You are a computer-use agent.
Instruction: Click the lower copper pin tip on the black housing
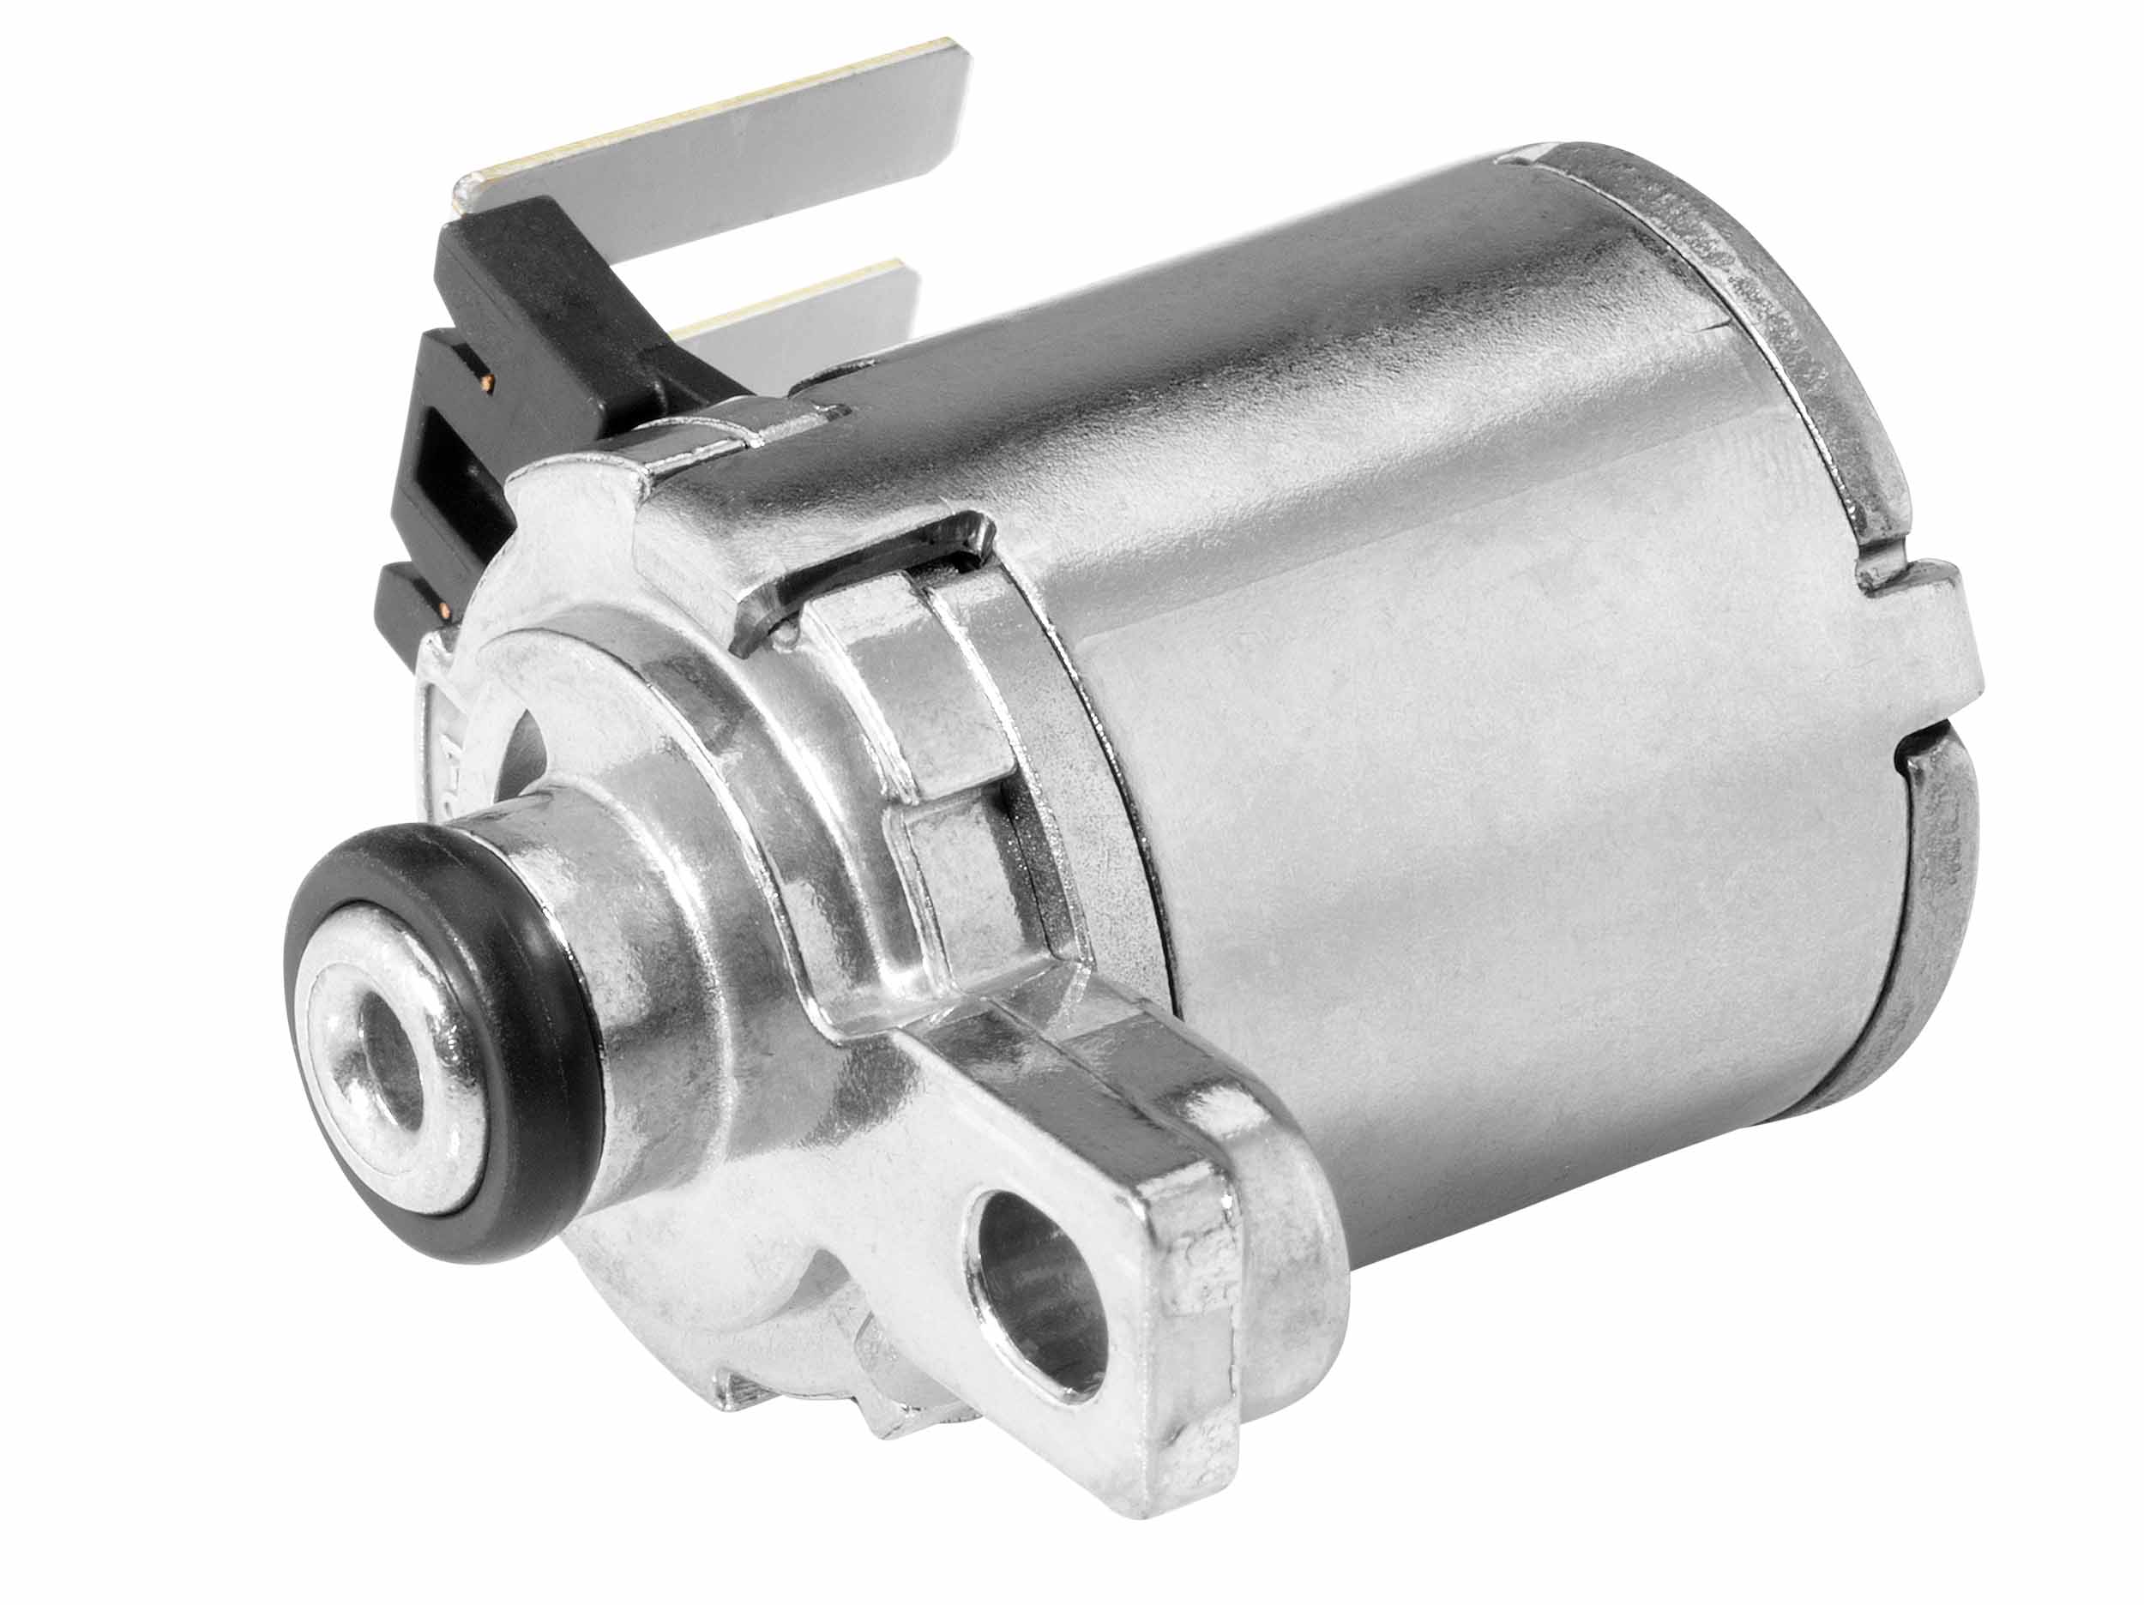coord(448,610)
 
